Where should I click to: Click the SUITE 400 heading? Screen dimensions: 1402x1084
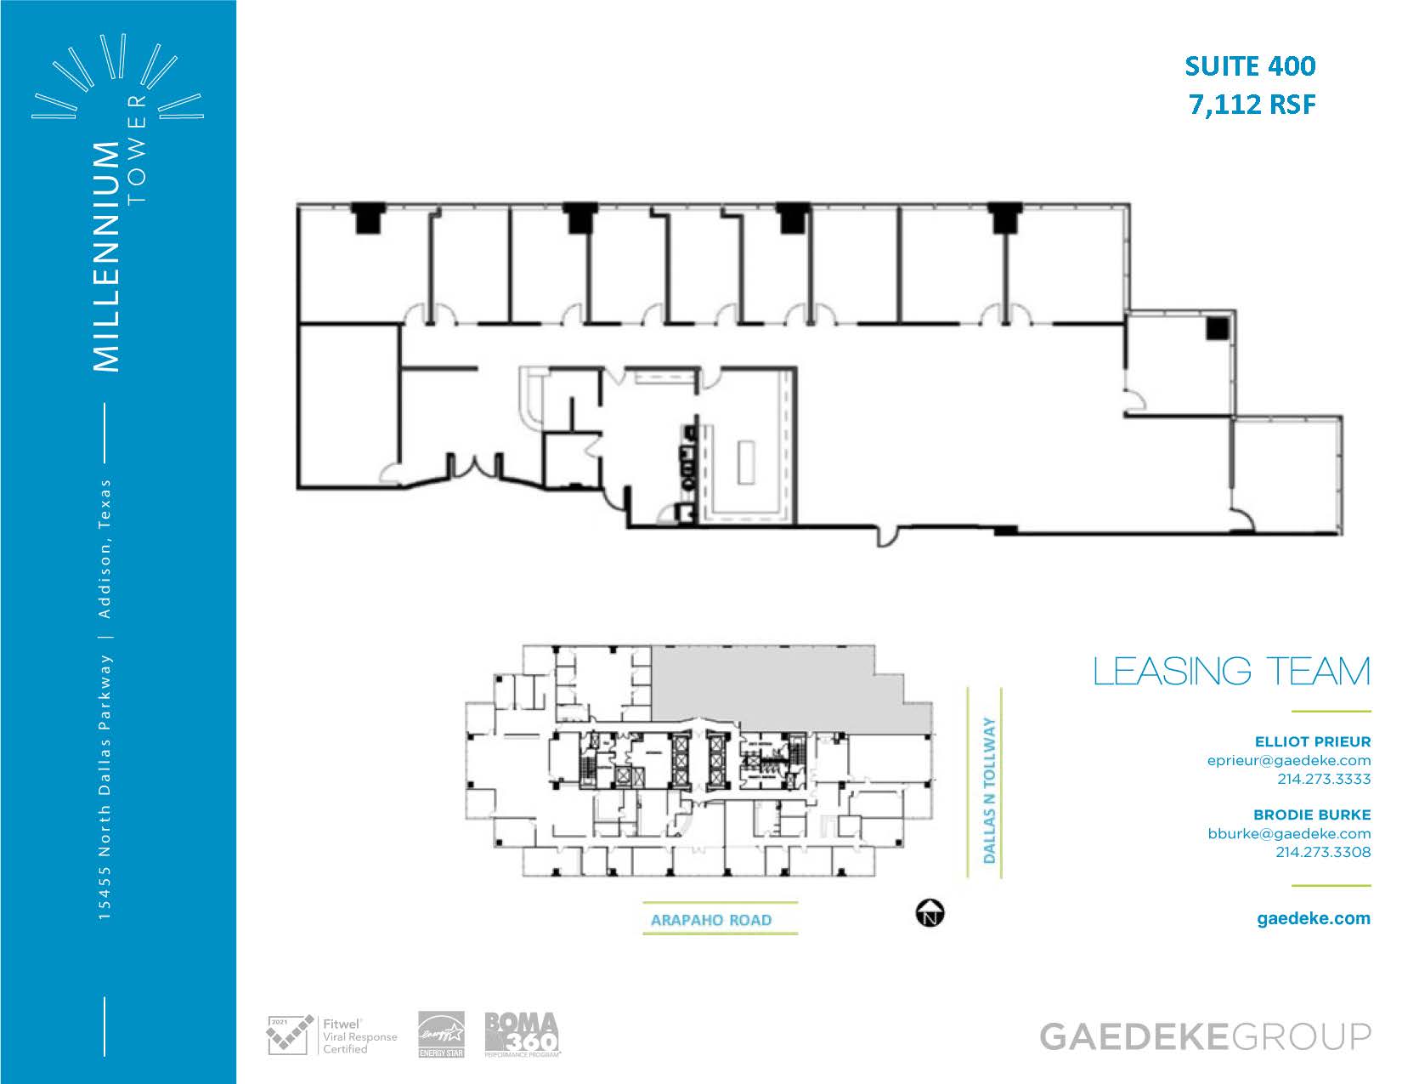[x=1250, y=66]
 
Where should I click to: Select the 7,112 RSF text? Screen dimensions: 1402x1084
[x=1252, y=105]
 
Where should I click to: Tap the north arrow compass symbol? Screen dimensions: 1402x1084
[x=930, y=913]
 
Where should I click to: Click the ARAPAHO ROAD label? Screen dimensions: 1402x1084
[x=711, y=920]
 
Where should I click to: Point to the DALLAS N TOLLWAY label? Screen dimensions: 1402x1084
[x=989, y=790]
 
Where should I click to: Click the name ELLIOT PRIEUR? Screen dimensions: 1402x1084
[x=1312, y=742]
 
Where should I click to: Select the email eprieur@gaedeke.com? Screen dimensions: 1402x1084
[x=1288, y=761]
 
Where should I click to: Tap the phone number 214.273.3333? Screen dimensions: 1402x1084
[x=1324, y=779]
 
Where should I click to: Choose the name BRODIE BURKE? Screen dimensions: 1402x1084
[x=1312, y=814]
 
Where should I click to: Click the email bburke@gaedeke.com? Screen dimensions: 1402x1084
[x=1289, y=833]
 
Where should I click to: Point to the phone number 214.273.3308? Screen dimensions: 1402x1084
[x=1323, y=852]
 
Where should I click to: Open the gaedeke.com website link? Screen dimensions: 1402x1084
[x=1314, y=919]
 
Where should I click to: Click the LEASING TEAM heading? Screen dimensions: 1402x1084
[x=1232, y=672]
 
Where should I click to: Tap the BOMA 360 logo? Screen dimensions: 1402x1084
[x=522, y=1034]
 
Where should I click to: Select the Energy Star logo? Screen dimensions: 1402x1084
[x=441, y=1034]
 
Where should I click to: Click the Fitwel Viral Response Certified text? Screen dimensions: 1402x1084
[x=359, y=1036]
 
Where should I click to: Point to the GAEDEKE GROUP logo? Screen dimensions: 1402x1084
[x=1205, y=1037]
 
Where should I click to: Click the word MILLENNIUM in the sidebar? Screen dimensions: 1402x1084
[x=106, y=256]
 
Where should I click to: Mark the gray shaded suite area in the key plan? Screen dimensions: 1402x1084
[x=774, y=688]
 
